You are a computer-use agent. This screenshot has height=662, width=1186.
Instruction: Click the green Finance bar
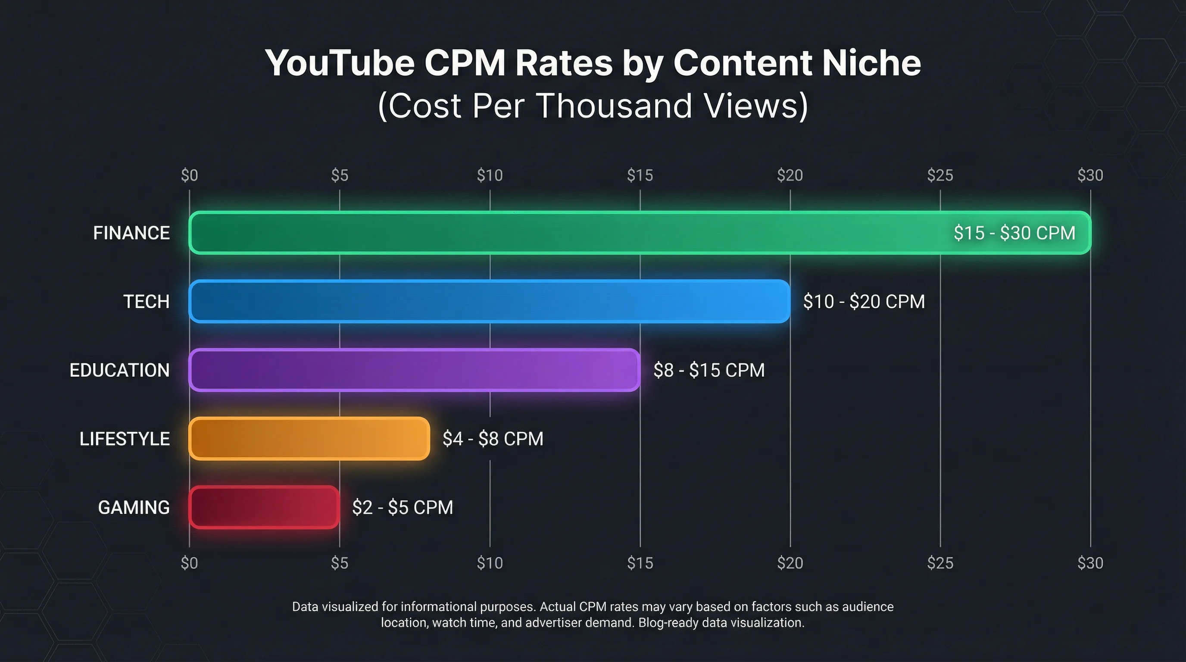pyautogui.click(x=552, y=232)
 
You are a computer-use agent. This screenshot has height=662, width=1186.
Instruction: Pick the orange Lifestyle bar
pyautogui.click(x=309, y=438)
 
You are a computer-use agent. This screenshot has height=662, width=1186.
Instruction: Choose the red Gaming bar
pyautogui.click(x=264, y=507)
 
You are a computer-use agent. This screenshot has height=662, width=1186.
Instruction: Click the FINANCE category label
pyautogui.click(x=131, y=233)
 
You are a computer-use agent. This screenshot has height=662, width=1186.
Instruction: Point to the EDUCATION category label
pyautogui.click(x=119, y=370)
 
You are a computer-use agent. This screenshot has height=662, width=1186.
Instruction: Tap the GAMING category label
pyautogui.click(x=134, y=507)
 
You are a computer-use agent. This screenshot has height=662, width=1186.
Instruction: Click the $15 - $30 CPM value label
pyautogui.click(x=1014, y=233)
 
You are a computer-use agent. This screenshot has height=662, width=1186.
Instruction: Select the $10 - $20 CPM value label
pyautogui.click(x=864, y=302)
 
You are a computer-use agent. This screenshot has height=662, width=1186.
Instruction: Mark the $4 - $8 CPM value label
pyautogui.click(x=493, y=439)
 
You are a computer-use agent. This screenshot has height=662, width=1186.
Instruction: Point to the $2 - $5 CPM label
pyautogui.click(x=403, y=507)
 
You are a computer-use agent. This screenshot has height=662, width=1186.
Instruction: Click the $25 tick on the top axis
pyautogui.click(x=939, y=175)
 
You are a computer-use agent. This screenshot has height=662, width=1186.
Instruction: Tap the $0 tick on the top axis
pyautogui.click(x=189, y=175)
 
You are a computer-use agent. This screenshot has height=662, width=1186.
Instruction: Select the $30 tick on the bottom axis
pyautogui.click(x=1090, y=563)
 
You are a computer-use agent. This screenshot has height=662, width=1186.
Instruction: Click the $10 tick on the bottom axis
pyautogui.click(x=490, y=563)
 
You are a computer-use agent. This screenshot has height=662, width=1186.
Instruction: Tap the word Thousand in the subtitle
pyautogui.click(x=615, y=106)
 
